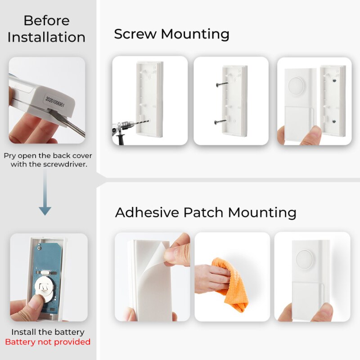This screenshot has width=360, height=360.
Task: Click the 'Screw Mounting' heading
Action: point(171,34)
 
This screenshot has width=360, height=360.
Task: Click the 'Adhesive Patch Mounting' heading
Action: point(206,212)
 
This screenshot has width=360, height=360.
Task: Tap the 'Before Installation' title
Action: point(46,29)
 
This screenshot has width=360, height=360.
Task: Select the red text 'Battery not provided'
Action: point(48,342)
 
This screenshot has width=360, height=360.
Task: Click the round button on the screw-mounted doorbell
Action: point(296,85)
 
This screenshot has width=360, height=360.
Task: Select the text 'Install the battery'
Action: point(48,332)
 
